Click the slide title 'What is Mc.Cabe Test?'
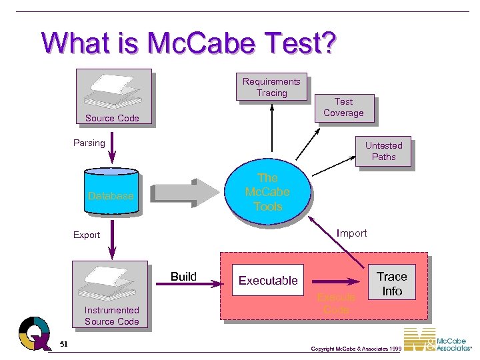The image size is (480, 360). tap(189, 43)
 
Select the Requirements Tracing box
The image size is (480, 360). tap(271, 87)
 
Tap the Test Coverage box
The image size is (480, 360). tap(343, 107)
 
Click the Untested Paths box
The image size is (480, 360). tap(383, 151)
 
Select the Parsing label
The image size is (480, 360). tap(89, 143)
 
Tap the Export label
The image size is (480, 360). tap(87, 235)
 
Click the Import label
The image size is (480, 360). tap(351, 233)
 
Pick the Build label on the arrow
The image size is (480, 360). tap(183, 277)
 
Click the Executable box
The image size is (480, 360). tap(268, 281)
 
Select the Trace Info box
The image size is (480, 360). tap(391, 283)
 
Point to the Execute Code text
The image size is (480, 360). tap(336, 303)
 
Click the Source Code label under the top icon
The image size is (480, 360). tap(112, 118)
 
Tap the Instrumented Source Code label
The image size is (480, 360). tap(111, 315)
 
